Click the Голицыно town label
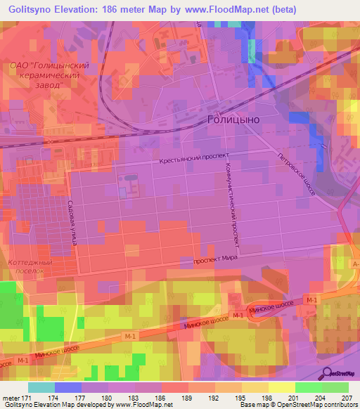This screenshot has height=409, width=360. click(233, 119)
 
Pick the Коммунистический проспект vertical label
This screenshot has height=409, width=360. click(233, 208)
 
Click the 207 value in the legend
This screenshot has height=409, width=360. click(345, 398)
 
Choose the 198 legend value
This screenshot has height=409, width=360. click(267, 398)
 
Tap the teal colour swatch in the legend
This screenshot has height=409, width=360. click(41, 387)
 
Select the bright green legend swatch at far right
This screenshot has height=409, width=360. click(335, 387)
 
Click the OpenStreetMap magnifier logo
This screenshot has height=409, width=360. click(327, 372)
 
